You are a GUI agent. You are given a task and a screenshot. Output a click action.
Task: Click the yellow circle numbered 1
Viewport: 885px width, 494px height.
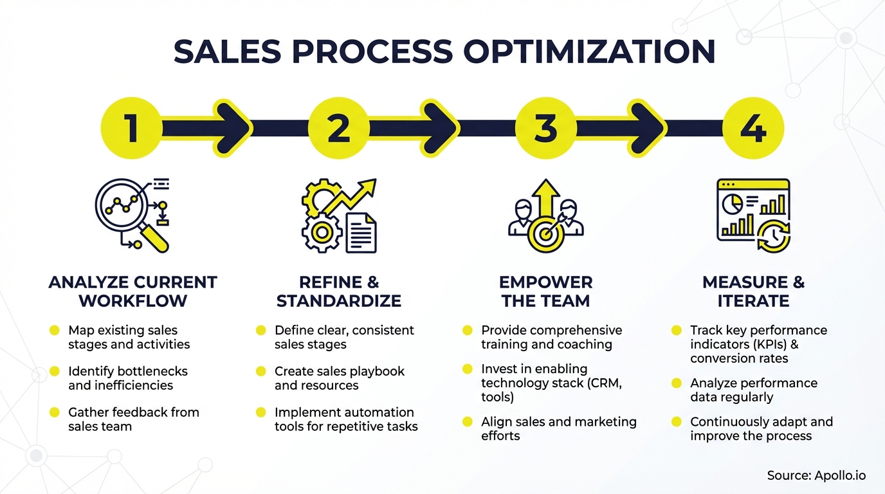[x=132, y=128]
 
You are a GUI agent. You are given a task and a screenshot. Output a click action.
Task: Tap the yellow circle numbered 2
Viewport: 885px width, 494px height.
[x=339, y=128]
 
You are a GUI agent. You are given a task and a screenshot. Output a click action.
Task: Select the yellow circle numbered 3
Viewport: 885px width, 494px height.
[x=545, y=128]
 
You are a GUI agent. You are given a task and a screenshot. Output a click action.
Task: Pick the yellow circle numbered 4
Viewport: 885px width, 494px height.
[x=753, y=128]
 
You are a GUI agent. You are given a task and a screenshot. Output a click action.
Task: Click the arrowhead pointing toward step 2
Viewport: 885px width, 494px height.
[x=235, y=128]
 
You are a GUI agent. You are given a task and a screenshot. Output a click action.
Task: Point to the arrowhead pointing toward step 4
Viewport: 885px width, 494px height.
[x=650, y=128]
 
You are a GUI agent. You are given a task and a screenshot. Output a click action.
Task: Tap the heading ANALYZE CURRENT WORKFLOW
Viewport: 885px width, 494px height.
[x=132, y=291]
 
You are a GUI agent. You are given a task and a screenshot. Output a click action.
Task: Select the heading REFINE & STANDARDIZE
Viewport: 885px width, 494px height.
[x=339, y=291]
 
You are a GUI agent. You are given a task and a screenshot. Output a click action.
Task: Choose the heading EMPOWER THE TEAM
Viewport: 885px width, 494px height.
[x=545, y=291]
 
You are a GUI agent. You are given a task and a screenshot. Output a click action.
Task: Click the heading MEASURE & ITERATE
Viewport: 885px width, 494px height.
[x=753, y=291]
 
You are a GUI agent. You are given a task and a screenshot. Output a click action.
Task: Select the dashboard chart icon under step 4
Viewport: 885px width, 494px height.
[x=753, y=215]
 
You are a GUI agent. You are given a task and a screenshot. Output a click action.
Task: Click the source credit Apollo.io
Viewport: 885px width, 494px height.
[x=816, y=476]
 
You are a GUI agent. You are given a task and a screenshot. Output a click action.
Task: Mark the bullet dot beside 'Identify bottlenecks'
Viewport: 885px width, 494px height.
[x=55, y=371]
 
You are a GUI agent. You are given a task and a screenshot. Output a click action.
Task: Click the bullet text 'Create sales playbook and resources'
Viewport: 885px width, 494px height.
[x=339, y=378]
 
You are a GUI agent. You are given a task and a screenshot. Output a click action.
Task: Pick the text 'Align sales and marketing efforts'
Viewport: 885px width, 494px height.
[x=558, y=428]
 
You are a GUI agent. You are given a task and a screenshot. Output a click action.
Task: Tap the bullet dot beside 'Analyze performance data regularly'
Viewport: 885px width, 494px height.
[x=676, y=383]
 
